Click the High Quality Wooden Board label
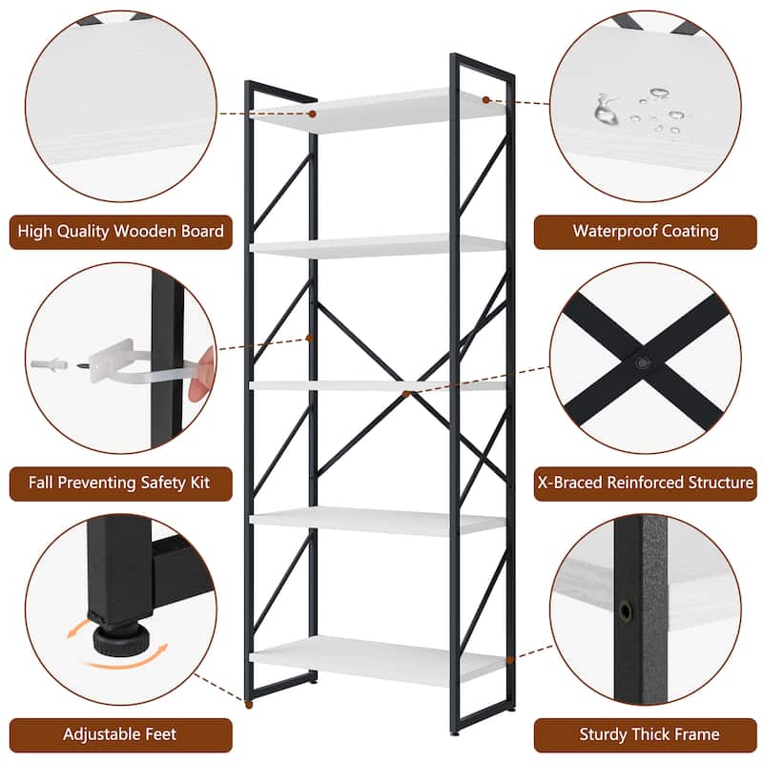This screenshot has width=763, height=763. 121,232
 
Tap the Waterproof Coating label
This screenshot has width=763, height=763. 645,232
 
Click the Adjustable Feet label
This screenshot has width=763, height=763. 121,735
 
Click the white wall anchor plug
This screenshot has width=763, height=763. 58,366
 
